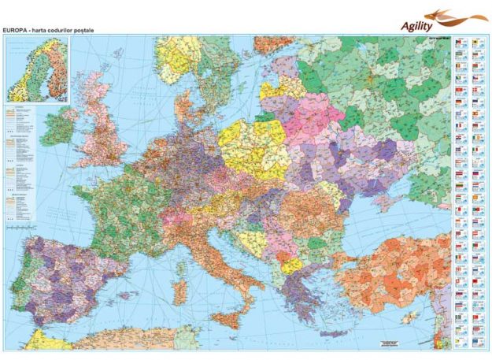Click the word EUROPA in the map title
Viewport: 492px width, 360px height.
[x=19, y=30]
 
